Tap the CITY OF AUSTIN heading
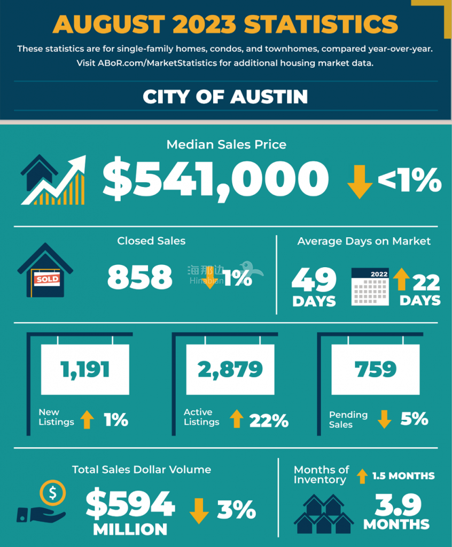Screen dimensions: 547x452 pyautogui.click(x=225, y=97)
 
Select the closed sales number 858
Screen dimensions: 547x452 pyautogui.click(x=140, y=277)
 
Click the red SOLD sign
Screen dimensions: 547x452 pyautogui.click(x=47, y=279)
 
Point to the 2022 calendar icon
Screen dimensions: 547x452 pyautogui.click(x=370, y=287)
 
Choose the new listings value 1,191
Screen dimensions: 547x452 pyautogui.click(x=85, y=369)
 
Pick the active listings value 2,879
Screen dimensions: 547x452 pyautogui.click(x=230, y=369)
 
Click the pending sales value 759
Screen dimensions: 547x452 pyautogui.click(x=376, y=369)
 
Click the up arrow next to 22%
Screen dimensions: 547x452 pyautogui.click(x=237, y=420)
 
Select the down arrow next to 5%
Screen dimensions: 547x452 pyautogui.click(x=384, y=419)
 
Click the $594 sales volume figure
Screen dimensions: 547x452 pyautogui.click(x=130, y=504)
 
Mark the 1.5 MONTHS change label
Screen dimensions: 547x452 pyautogui.click(x=403, y=475)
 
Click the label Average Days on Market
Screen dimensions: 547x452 pyautogui.click(x=364, y=241)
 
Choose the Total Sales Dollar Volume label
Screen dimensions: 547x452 pyautogui.click(x=142, y=470)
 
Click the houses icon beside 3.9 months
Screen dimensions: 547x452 pyautogui.click(x=324, y=514)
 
